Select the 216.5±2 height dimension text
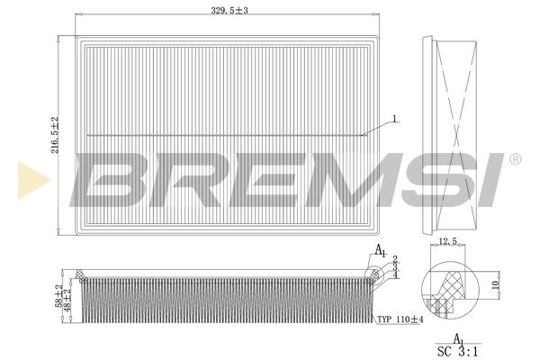pos(55,135)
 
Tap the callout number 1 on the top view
pos(394,119)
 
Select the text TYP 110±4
pos(400,319)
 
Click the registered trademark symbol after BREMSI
pos(514,159)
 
